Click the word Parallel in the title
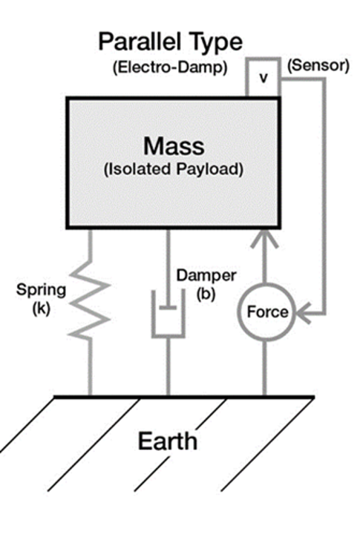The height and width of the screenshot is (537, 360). pos(140,42)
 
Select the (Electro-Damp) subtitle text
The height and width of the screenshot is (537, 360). pos(170,67)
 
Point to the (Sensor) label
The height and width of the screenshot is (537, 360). pos(318,65)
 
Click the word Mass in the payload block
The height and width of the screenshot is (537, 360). pos(174,146)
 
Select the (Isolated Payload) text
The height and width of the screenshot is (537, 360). pos(174,169)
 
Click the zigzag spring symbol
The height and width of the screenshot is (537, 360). pos(90,297)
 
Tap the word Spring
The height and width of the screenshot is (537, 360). pos(41,291)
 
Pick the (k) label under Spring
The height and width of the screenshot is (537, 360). pos(42,309)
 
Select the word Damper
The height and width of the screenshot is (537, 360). pos(206,275)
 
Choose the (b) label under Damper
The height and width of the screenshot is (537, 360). pos(206,294)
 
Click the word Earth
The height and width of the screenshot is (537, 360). pos(167,441)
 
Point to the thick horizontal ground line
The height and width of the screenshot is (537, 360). pos(184,398)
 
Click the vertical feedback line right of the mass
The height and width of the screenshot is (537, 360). pos(324,197)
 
